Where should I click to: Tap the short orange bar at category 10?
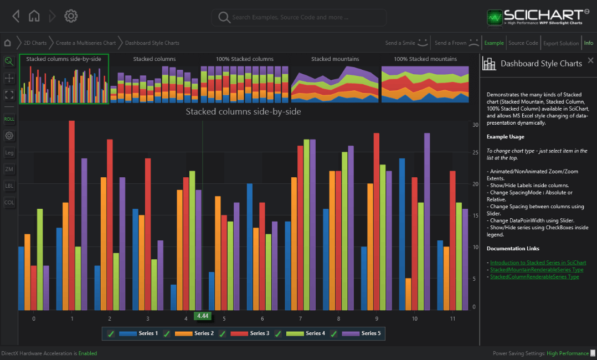pyautogui.click(x=408, y=294)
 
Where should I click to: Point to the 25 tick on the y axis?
pyautogui.click(x=475, y=153)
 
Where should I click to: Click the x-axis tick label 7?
pyautogui.click(x=300, y=319)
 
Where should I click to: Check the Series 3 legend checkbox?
pyautogui.click(x=223, y=333)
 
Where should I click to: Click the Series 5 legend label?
pyautogui.click(x=370, y=333)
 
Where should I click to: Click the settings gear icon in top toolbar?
pyautogui.click(x=71, y=16)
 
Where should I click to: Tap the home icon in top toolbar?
pyautogui.click(x=34, y=16)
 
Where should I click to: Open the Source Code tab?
pyautogui.click(x=523, y=43)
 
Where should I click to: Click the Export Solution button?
pyautogui.click(x=560, y=43)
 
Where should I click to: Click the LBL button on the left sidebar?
pyautogui.click(x=9, y=186)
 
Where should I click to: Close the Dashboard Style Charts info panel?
pyautogui.click(x=590, y=60)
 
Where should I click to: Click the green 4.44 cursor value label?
pyautogui.click(x=203, y=316)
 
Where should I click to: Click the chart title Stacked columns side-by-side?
pyautogui.click(x=243, y=111)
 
